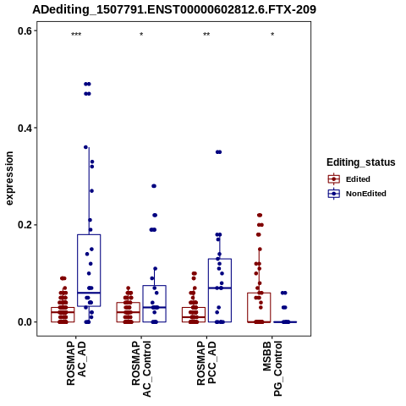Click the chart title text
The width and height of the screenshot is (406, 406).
(174, 9)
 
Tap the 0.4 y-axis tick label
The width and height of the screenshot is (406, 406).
(25, 128)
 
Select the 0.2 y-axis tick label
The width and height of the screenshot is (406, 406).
(25, 225)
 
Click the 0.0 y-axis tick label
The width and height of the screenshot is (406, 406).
(25, 322)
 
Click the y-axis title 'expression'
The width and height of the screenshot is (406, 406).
(9, 178)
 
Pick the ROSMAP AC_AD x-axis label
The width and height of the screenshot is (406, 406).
(76, 363)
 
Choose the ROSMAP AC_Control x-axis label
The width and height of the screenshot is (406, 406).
(141, 369)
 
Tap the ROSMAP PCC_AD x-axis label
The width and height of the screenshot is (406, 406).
(206, 363)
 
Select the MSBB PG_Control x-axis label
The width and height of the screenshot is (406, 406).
(272, 369)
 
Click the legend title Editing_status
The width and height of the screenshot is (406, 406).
(361, 162)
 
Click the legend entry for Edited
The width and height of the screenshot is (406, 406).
(348, 179)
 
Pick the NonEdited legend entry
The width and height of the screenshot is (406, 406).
(357, 194)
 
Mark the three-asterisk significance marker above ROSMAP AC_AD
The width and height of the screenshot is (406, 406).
(76, 35)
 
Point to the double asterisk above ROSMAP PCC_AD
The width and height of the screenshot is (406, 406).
(206, 35)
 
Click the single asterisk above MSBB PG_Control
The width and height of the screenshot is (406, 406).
(272, 35)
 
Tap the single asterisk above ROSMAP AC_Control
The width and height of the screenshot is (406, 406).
(141, 35)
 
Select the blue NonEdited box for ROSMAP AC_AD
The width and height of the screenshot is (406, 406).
(89, 271)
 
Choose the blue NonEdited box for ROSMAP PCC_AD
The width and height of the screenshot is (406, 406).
(220, 290)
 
